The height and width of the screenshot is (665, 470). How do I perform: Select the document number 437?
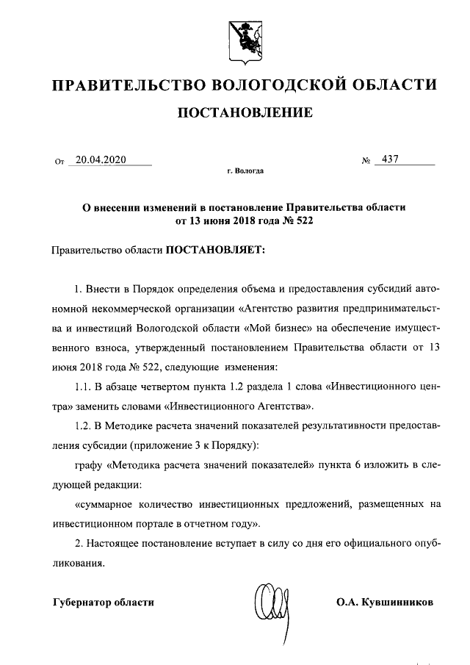[386, 159]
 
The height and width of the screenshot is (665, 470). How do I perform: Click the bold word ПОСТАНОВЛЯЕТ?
[217, 249]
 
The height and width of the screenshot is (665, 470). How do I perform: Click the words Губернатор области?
[104, 603]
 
